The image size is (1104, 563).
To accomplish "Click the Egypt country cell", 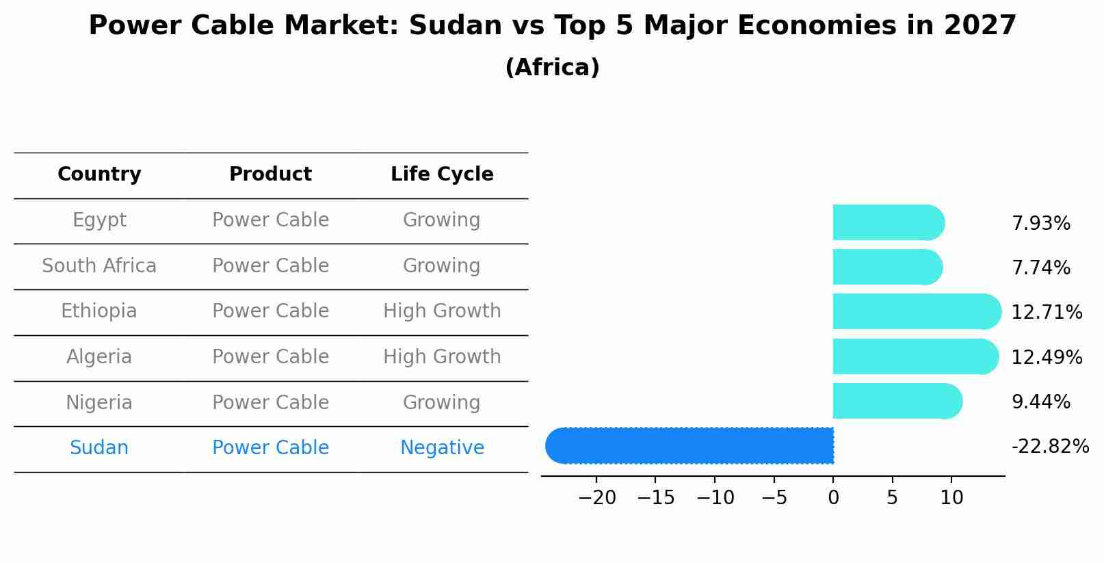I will (99, 220).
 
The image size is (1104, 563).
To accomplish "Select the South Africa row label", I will (99, 266).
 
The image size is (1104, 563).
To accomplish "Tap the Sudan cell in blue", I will (99, 448).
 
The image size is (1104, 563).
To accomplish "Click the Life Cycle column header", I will (442, 174).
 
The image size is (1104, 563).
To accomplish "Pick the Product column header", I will (270, 174).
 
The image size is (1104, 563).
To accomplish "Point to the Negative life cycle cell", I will (442, 448).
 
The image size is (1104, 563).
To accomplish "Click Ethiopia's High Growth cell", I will (442, 311).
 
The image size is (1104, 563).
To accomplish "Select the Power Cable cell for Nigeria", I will (270, 403).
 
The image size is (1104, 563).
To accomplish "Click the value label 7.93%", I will (1040, 224).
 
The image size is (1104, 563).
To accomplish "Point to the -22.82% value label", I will (1050, 447).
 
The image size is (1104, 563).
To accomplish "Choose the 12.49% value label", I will (1047, 358).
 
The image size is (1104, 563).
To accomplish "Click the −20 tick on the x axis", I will (597, 498).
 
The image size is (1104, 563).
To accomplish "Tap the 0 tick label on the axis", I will (833, 498).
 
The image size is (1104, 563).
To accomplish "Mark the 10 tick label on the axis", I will (951, 498).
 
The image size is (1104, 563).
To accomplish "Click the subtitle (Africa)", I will (552, 68).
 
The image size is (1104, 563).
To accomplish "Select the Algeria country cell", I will (99, 357).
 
